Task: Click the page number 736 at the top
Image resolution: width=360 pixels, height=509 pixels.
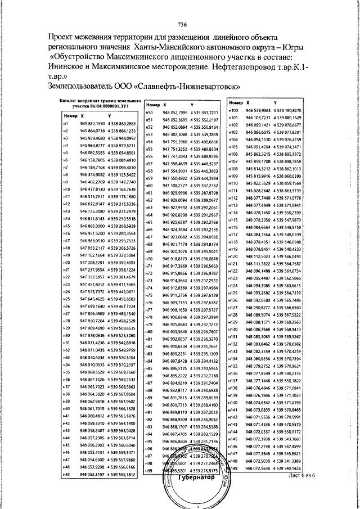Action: click(182, 24)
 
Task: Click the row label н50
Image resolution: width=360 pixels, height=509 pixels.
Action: click(150, 113)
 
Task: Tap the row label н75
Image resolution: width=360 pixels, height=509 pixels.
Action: click(150, 295)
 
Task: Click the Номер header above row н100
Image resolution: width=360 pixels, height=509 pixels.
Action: click(236, 103)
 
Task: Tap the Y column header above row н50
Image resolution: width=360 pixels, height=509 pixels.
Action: click(193, 105)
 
